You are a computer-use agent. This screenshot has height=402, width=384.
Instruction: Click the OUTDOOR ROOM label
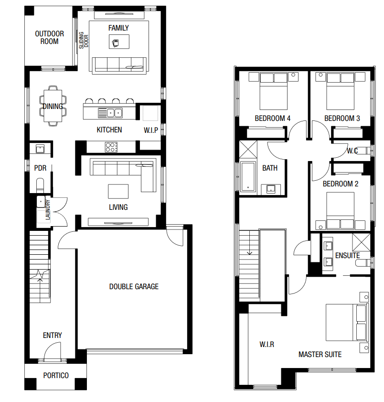[50, 37]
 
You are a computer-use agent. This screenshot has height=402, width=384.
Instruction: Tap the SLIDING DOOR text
[84, 40]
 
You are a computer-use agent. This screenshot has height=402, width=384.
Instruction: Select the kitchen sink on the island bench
[110, 113]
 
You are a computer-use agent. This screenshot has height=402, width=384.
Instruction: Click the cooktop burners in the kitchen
[111, 147]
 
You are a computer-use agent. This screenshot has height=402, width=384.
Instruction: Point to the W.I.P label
[151, 130]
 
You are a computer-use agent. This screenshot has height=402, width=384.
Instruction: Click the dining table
[53, 106]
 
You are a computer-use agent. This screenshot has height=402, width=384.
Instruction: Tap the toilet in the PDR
[40, 185]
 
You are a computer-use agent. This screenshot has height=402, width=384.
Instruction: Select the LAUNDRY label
[48, 210]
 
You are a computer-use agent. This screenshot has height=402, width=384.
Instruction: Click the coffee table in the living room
[118, 192]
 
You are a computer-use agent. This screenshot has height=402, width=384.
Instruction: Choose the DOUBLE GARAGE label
[134, 286]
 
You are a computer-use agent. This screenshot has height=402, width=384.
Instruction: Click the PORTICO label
[56, 376]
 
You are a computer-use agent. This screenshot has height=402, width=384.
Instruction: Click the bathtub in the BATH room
[248, 176]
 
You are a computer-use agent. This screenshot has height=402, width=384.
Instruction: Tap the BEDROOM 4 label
[273, 119]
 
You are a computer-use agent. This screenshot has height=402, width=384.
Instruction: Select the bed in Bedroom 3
[341, 91]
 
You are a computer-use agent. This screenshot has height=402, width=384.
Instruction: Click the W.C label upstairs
[352, 151]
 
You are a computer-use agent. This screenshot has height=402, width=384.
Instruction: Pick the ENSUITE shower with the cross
[361, 242]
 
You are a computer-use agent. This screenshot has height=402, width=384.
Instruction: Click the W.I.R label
[267, 344]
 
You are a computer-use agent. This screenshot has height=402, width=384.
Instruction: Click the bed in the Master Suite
[347, 322]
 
